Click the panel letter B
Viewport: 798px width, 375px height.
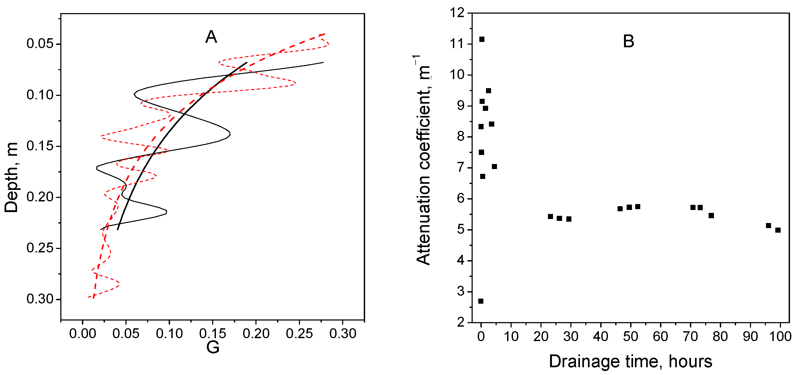tap(628, 41)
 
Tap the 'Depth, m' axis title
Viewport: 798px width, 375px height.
tap(11, 177)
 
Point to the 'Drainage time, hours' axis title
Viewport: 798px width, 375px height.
tap(630, 361)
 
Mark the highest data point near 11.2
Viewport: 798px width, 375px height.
tap(482, 39)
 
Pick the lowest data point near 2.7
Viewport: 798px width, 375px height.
tap(481, 301)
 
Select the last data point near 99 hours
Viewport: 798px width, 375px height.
tap(778, 230)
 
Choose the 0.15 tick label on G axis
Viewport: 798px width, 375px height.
tap(212, 334)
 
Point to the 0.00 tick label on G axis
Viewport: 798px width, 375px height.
tap(82, 334)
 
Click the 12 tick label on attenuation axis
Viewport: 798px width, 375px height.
tap(457, 13)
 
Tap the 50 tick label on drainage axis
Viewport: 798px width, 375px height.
tap(630, 336)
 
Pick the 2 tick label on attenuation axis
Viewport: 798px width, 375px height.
tap(461, 322)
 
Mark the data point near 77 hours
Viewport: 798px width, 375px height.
tap(711, 215)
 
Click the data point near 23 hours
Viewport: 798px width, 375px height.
tap(551, 216)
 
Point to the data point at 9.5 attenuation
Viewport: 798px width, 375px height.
tap(488, 91)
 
